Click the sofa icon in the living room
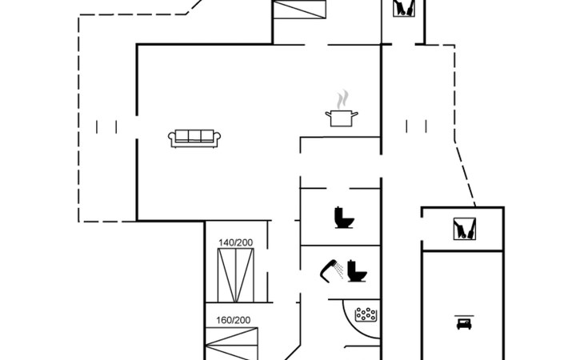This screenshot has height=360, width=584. click(194, 138)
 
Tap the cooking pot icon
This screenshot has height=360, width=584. click(342, 118)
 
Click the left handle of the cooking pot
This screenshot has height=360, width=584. click(328, 115)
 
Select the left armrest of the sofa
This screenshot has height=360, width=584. click(172, 139)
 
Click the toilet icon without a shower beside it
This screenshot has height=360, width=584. click(345, 218)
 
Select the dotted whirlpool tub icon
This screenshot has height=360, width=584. click(366, 314)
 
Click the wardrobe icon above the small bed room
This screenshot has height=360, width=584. click(463, 228)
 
